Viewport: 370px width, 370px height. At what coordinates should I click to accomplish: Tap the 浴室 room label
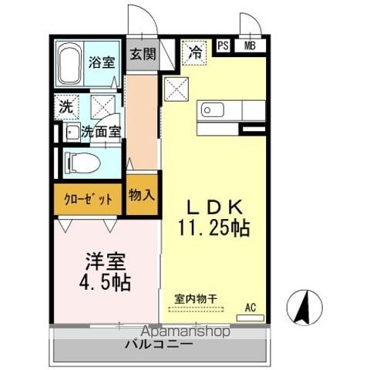tap(102, 62)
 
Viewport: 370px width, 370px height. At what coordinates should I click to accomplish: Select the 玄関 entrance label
tap(143, 54)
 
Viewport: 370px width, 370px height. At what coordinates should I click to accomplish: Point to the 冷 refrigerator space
tap(194, 52)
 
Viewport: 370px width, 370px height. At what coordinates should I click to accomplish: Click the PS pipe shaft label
tap(223, 46)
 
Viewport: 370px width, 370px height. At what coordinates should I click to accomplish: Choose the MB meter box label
tap(250, 45)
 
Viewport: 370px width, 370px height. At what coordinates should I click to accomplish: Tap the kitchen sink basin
tap(212, 110)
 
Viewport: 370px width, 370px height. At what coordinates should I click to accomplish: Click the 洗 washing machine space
tap(66, 107)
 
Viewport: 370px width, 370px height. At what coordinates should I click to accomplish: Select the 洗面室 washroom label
tap(101, 132)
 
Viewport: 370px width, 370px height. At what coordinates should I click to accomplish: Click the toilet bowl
tap(82, 163)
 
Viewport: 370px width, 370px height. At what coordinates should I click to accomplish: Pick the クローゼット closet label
tap(88, 200)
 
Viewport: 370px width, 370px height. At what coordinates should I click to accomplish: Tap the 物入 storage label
tap(142, 195)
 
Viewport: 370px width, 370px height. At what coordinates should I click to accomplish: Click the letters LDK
tap(215, 207)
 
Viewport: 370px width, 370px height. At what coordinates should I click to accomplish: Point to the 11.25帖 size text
tap(214, 228)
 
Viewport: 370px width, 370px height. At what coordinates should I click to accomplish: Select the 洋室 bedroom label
tap(106, 262)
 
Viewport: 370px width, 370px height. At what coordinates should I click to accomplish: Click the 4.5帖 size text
tap(105, 283)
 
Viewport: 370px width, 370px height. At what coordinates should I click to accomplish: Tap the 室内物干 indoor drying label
tap(196, 299)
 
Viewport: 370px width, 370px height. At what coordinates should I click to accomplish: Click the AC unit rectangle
tap(251, 318)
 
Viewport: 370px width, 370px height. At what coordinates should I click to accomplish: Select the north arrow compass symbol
tap(304, 308)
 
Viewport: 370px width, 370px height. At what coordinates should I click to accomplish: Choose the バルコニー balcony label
tap(159, 344)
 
